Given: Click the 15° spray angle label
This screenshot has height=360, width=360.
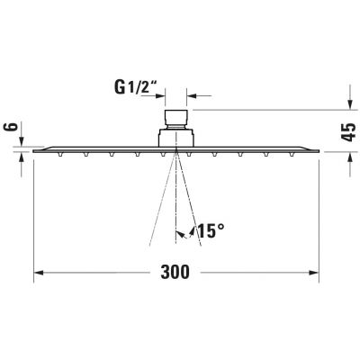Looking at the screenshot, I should pos(208,230).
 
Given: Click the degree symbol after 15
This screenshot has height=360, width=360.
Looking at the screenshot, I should pos(220,226).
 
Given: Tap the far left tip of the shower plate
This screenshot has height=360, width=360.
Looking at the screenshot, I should pos(35,150).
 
